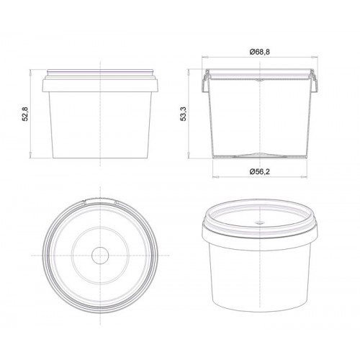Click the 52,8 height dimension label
click(25, 114)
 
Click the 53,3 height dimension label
click(184, 114)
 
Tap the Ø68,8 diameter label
click(260, 52)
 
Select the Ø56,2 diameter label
click(260, 171)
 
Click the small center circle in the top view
click(100, 255)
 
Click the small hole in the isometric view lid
click(259, 222)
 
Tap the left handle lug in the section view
click(205, 81)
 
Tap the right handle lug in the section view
click(315, 81)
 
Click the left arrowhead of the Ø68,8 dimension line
click(204, 57)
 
